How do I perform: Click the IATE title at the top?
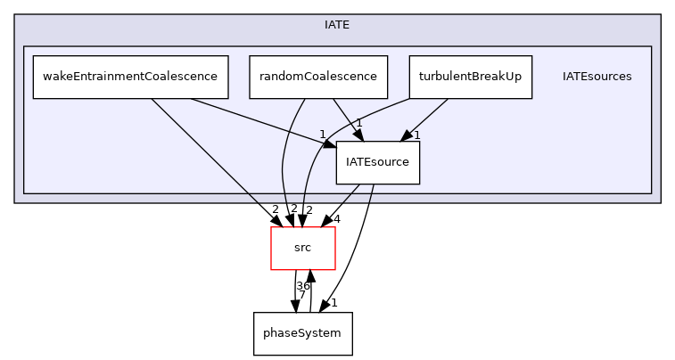(337, 25)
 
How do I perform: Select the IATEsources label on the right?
(597, 77)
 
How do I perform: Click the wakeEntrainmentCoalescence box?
(130, 77)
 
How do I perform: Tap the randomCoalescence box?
(318, 77)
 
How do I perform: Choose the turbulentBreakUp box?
(470, 77)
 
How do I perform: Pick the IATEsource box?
(377, 162)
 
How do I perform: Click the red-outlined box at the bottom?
(303, 248)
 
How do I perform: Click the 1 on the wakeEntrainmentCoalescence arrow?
(322, 135)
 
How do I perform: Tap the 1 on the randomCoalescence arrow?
(358, 123)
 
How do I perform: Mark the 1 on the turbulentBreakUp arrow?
(416, 135)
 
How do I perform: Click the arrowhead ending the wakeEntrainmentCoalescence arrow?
(330, 143)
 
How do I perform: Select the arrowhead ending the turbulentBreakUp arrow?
(407, 135)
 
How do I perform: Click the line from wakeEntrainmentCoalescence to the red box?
(205, 151)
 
